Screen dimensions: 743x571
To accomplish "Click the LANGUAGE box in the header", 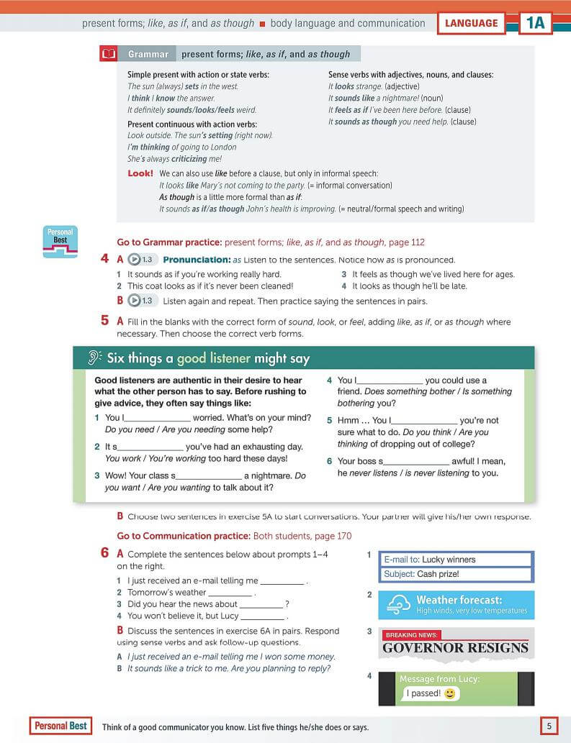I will coord(471,23).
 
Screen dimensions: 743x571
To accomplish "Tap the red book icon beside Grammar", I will coord(109,54).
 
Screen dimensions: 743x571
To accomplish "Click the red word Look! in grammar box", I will coord(140,173).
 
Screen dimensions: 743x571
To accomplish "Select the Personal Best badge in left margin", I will coord(60,242).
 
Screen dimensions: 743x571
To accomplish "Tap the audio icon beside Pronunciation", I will coord(140,260).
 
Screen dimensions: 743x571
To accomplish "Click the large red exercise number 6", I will coord(105,554).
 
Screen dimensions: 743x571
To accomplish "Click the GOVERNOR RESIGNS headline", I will coord(455,648).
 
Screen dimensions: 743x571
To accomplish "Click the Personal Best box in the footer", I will coord(61,726).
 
